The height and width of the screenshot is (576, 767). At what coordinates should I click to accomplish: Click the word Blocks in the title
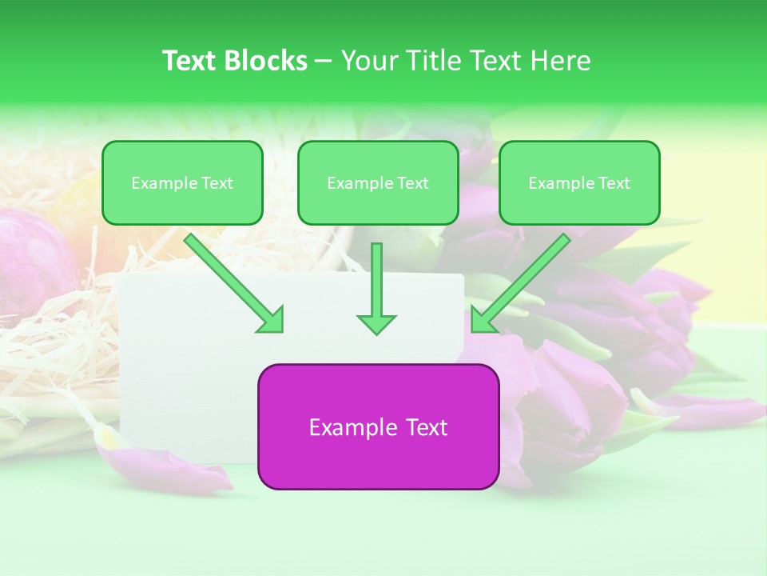268,61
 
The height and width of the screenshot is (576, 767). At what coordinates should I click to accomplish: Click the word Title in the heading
434,61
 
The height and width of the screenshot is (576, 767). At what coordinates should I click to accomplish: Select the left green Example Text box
182,182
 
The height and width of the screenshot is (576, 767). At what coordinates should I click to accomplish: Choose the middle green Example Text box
378,182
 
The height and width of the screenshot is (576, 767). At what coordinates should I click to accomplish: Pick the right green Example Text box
579,182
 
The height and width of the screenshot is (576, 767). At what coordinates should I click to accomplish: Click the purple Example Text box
378,426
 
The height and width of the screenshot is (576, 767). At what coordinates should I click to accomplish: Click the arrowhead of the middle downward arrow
376,323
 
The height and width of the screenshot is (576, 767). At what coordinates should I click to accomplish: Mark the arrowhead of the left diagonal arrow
272,321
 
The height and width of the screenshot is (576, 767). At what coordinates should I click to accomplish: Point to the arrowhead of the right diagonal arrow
483,321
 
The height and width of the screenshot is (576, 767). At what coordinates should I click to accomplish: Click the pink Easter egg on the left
32,264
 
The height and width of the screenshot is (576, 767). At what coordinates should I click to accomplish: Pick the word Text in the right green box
614,183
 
